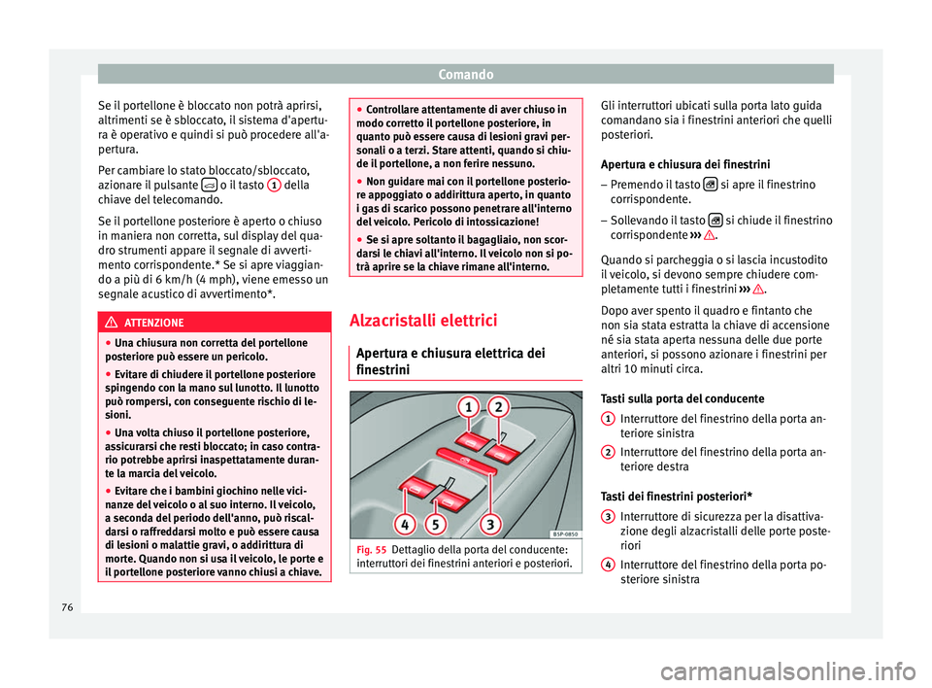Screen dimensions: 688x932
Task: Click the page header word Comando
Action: click(465, 73)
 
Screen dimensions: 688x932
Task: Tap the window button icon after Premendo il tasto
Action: click(711, 185)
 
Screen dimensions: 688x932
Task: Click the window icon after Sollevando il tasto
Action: click(715, 220)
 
